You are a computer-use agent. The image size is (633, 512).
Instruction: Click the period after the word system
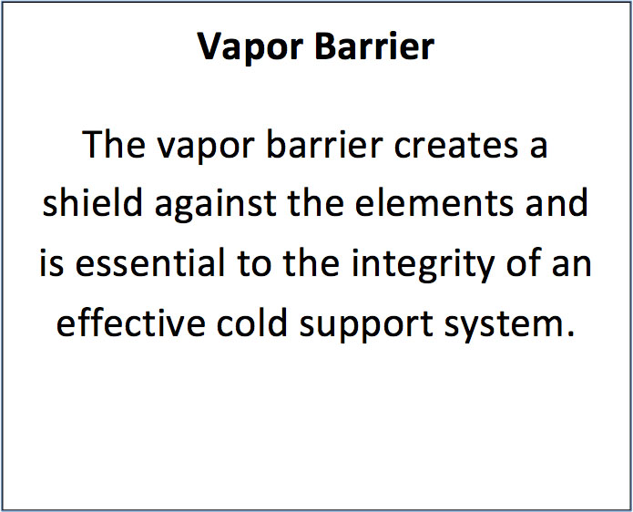[x=571, y=333]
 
